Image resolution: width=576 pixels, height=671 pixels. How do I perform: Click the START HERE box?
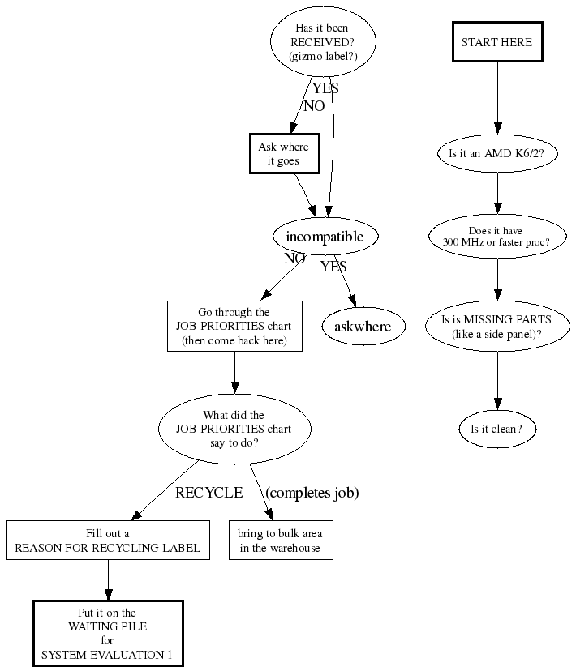(x=496, y=42)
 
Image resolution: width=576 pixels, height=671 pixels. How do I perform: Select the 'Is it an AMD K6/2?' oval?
(x=496, y=152)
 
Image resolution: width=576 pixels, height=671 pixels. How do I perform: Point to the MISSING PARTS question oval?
(x=496, y=327)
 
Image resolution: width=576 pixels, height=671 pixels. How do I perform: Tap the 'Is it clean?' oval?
(x=496, y=429)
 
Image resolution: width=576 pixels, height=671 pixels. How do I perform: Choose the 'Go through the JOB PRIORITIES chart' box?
(x=234, y=327)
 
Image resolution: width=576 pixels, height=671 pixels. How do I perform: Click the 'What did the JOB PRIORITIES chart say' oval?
(x=234, y=429)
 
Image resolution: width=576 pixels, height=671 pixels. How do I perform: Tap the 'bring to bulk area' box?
(x=280, y=541)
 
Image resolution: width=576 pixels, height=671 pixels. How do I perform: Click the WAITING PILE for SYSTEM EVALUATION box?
(x=108, y=633)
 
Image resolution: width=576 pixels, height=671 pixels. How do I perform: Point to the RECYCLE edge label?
(x=208, y=492)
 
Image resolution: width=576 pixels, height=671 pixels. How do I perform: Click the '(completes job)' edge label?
(x=312, y=492)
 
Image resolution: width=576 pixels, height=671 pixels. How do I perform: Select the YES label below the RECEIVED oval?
(x=325, y=89)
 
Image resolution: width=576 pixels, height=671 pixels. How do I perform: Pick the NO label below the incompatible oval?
(x=294, y=259)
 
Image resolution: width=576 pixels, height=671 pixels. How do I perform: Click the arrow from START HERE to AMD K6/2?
(x=497, y=97)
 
